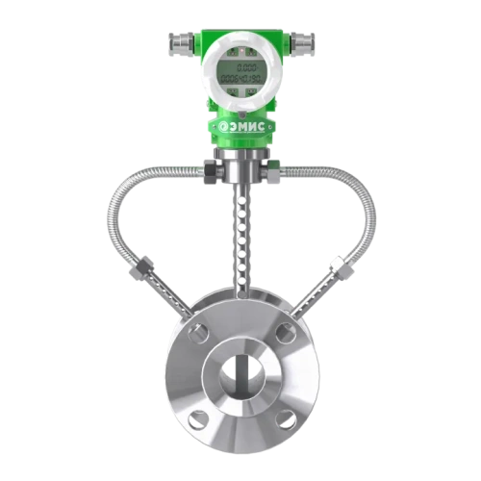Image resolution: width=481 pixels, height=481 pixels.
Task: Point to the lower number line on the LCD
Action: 241,79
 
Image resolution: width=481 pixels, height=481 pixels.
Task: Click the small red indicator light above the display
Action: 241,50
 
